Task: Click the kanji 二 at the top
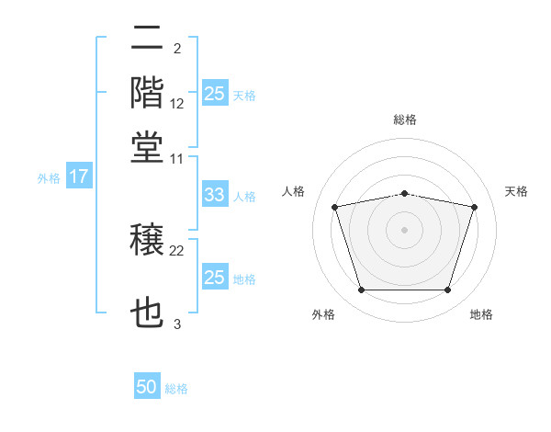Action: coord(147,38)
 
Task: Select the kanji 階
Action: coord(147,92)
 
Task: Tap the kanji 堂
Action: coord(147,147)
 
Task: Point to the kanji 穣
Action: coord(147,239)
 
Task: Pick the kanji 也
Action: coord(147,312)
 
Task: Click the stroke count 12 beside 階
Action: coord(176,104)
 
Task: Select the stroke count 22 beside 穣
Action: coord(176,251)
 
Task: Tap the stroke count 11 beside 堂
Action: coord(176,159)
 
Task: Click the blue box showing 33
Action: coord(215,194)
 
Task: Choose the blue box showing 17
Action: coord(79,176)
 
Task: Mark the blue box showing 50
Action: coord(147,385)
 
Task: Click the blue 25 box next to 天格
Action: coord(215,93)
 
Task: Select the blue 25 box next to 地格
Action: coord(215,276)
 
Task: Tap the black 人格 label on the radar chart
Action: coord(293,191)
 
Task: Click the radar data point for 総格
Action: coord(404,194)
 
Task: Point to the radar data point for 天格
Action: coord(474,207)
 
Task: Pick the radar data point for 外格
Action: coord(362,290)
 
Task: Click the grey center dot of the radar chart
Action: coord(404,230)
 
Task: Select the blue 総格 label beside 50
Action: coord(176,389)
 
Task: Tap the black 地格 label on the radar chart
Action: coord(481,314)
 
